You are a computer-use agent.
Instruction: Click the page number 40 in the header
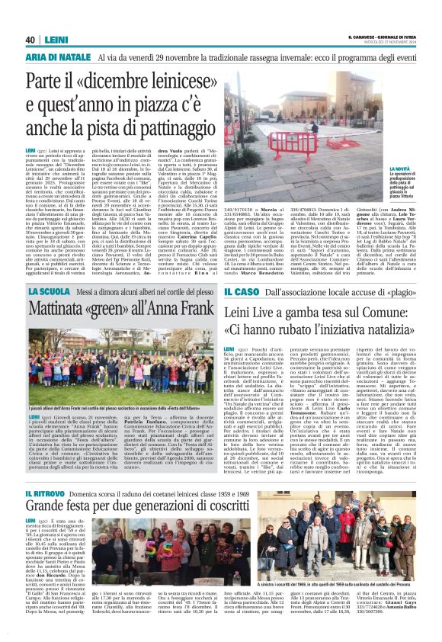tap(31, 40)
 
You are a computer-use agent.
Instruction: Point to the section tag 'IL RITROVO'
tap(47, 496)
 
